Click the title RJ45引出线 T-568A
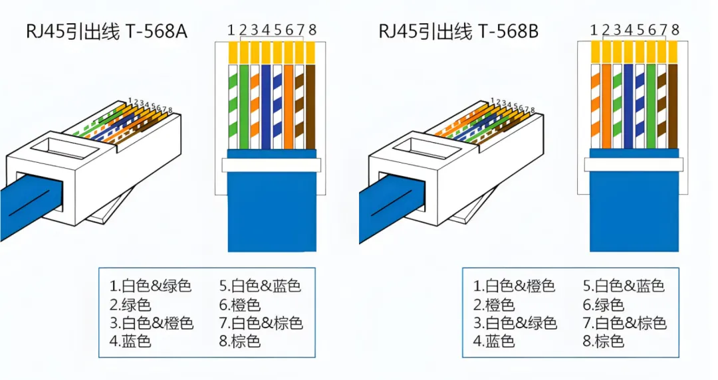(x=106, y=31)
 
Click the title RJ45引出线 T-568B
(x=458, y=31)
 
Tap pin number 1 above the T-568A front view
(x=231, y=29)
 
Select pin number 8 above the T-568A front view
(x=312, y=29)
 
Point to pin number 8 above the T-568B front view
(x=675, y=29)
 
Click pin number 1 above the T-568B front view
(x=594, y=29)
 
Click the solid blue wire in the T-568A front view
(x=266, y=106)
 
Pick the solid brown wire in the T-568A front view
(x=311, y=106)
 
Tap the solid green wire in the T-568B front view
(x=651, y=106)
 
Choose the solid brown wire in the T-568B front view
(x=673, y=106)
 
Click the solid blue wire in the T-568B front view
(x=628, y=106)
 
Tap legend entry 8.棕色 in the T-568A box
(x=239, y=341)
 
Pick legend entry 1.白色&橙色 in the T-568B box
(x=514, y=286)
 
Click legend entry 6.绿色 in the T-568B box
(x=604, y=306)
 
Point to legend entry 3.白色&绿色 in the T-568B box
(x=514, y=324)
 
